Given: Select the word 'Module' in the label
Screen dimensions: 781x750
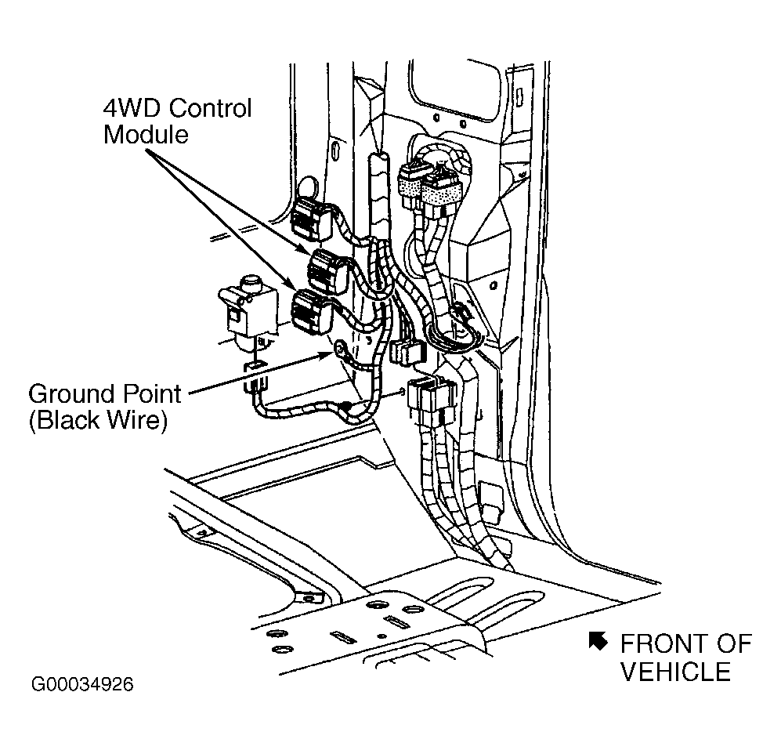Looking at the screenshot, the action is pos(146,135).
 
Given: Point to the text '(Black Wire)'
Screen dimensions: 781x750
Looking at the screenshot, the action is pos(98,420).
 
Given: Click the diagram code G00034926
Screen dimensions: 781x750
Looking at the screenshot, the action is pos(83,684).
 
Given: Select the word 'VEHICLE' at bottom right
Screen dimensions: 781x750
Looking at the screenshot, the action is pos(675,672).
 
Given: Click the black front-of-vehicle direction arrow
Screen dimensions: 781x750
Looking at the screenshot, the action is pos(598,641).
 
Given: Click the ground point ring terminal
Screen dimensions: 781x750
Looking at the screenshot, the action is pos(342,348).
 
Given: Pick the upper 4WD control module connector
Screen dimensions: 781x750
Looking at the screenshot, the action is pos(327,272).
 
